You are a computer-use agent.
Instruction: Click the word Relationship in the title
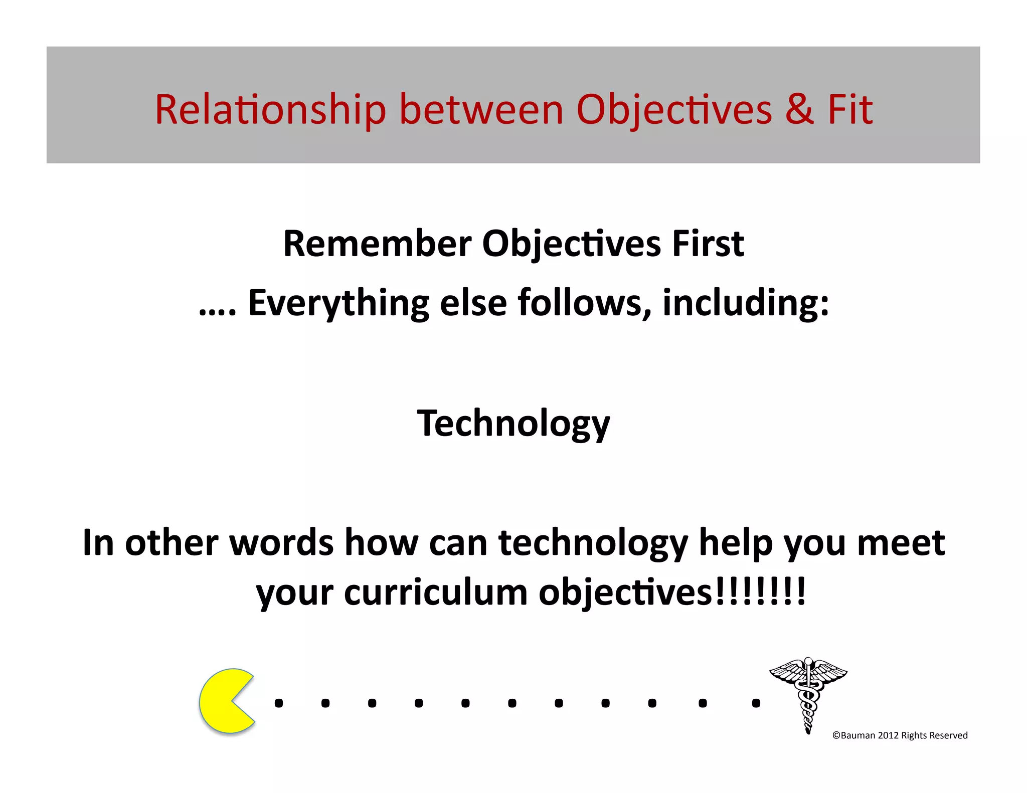point(270,109)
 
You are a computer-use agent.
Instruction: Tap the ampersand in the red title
point(799,109)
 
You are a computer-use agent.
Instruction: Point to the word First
point(708,244)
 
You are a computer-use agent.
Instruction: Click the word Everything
point(338,303)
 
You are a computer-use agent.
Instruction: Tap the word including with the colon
point(746,303)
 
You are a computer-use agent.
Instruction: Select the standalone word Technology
point(513,424)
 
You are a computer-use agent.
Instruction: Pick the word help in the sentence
point(736,543)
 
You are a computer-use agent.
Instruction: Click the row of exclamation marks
point(759,592)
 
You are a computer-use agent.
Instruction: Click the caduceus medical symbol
point(808,694)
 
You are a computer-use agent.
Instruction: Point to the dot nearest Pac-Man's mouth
point(279,703)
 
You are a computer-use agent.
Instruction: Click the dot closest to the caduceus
point(756,703)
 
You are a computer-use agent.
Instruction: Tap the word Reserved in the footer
point(948,735)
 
